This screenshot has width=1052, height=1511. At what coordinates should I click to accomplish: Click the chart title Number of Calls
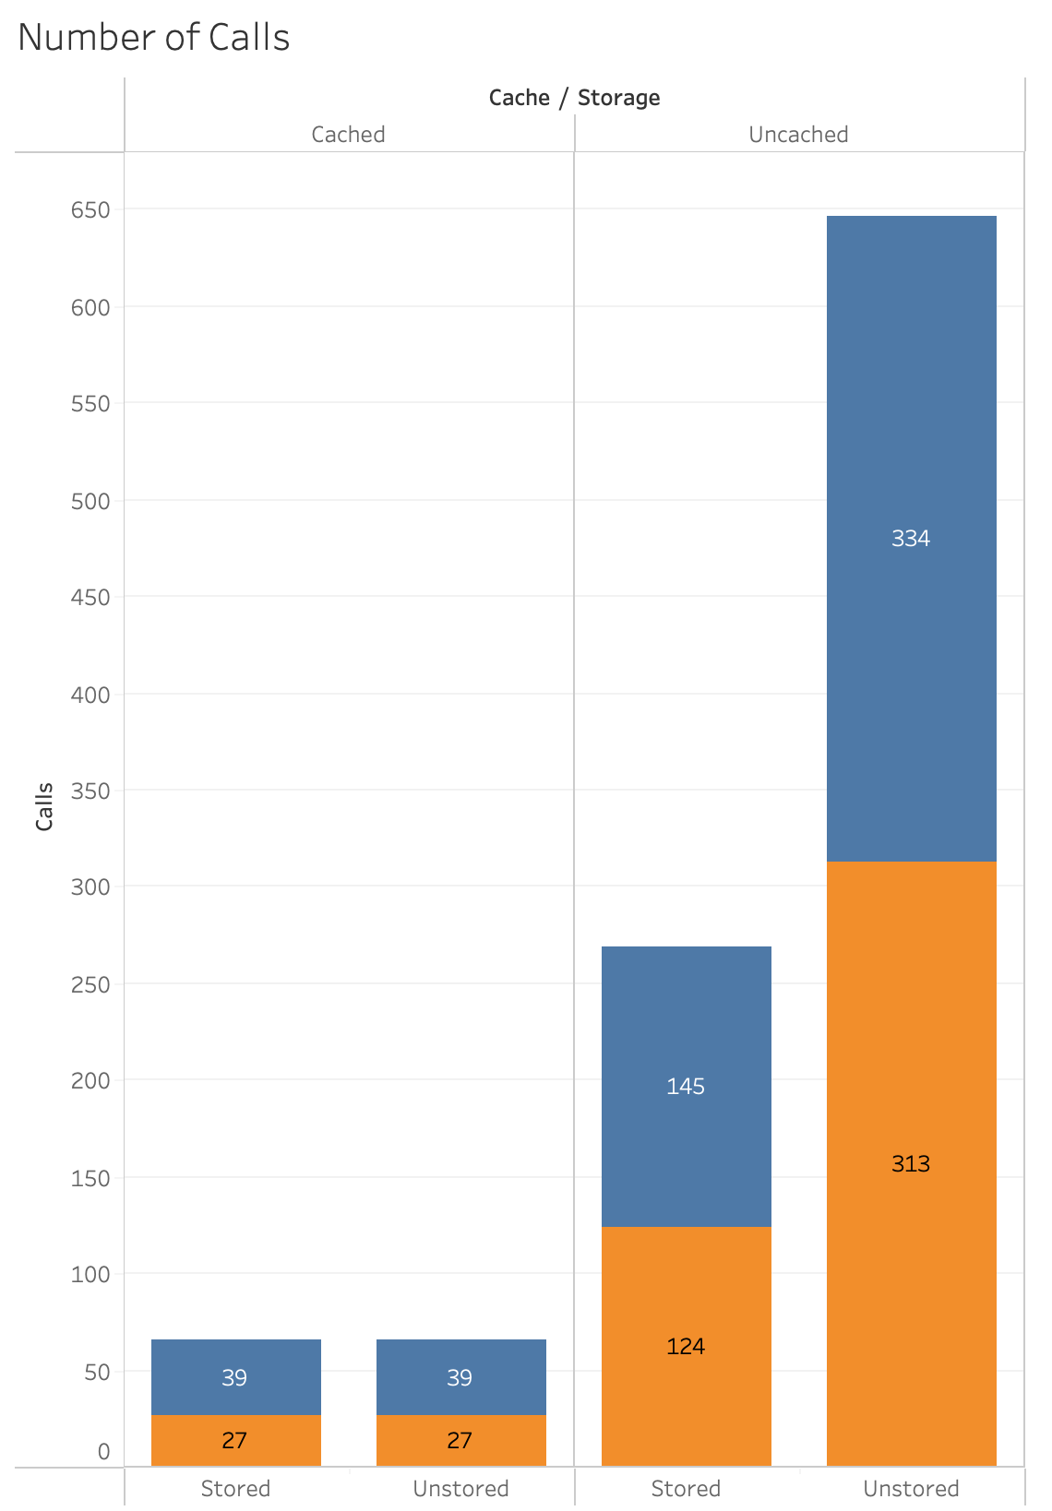click(x=154, y=38)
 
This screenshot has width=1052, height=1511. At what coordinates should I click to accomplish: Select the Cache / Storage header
click(x=574, y=98)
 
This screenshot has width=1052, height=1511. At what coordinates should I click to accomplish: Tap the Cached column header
click(x=348, y=135)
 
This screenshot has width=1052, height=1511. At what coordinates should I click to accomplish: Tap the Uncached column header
click(x=798, y=135)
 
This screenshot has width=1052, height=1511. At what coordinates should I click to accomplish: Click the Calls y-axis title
click(x=44, y=806)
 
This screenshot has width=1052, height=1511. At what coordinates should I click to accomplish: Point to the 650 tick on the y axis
click(x=90, y=210)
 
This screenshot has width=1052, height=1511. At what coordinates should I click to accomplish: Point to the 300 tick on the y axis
click(x=90, y=887)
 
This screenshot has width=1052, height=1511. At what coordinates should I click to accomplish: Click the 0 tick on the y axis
click(x=103, y=1452)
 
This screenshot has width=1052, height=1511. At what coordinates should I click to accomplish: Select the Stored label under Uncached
click(x=686, y=1489)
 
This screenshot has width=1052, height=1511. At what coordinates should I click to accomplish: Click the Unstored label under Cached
click(x=460, y=1489)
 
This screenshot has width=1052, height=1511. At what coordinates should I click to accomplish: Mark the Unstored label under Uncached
click(x=911, y=1489)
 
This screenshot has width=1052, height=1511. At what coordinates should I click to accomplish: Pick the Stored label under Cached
click(x=235, y=1489)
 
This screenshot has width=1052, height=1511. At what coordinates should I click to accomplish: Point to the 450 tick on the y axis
click(x=90, y=598)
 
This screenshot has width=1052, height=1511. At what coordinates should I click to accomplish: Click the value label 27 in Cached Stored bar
click(x=234, y=1441)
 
